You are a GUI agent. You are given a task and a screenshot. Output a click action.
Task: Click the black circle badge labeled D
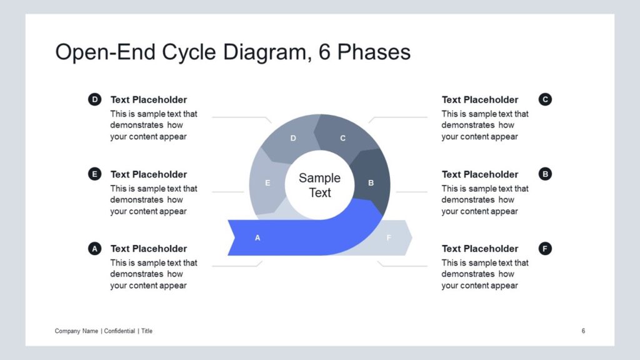(95, 99)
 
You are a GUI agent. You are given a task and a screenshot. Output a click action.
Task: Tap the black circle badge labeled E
(95, 174)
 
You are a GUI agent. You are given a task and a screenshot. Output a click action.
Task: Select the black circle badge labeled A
(95, 248)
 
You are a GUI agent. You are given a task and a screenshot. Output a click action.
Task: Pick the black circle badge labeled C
(545, 99)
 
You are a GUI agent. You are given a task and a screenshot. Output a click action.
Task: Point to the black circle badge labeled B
(545, 174)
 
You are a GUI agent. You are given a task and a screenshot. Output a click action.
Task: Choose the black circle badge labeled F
(545, 248)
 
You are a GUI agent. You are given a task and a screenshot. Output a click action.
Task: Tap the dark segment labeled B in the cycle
(371, 182)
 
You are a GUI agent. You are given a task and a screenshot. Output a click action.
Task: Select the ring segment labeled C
(343, 137)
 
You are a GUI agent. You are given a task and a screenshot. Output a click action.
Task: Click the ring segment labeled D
(292, 138)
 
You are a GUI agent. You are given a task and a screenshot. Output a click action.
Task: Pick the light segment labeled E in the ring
(267, 182)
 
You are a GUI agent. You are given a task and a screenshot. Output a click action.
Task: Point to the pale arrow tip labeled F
(390, 237)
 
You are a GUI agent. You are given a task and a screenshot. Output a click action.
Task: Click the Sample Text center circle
(319, 185)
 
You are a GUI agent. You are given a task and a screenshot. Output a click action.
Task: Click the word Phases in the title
(374, 52)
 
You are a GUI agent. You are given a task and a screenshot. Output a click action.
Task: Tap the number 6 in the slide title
(324, 52)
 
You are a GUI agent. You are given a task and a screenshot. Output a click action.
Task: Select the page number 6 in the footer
(583, 331)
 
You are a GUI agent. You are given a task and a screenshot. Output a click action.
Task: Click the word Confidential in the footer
(119, 331)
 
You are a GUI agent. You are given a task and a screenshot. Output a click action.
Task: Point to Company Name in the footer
(76, 331)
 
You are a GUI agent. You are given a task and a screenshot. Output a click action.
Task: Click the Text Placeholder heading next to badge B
(479, 174)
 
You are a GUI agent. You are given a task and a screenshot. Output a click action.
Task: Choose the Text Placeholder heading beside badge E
(149, 174)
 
